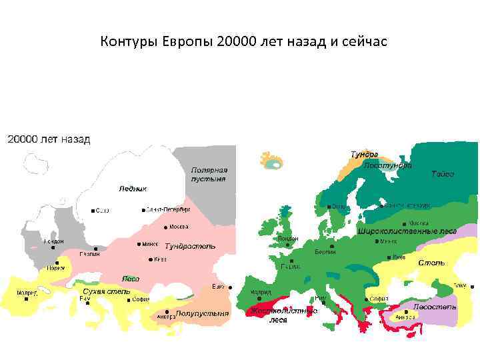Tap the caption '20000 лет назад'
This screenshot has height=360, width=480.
point(49,140)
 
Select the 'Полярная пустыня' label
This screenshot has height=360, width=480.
point(209,175)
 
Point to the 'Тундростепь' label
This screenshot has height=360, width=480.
point(190,246)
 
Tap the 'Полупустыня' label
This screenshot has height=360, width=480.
point(202,313)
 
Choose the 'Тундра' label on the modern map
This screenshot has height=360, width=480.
point(365,154)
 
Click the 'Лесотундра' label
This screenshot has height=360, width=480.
point(387,165)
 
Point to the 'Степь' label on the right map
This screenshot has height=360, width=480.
point(431,263)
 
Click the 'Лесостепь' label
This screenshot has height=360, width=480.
point(435,306)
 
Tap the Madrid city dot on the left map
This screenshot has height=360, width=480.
point(26,299)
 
